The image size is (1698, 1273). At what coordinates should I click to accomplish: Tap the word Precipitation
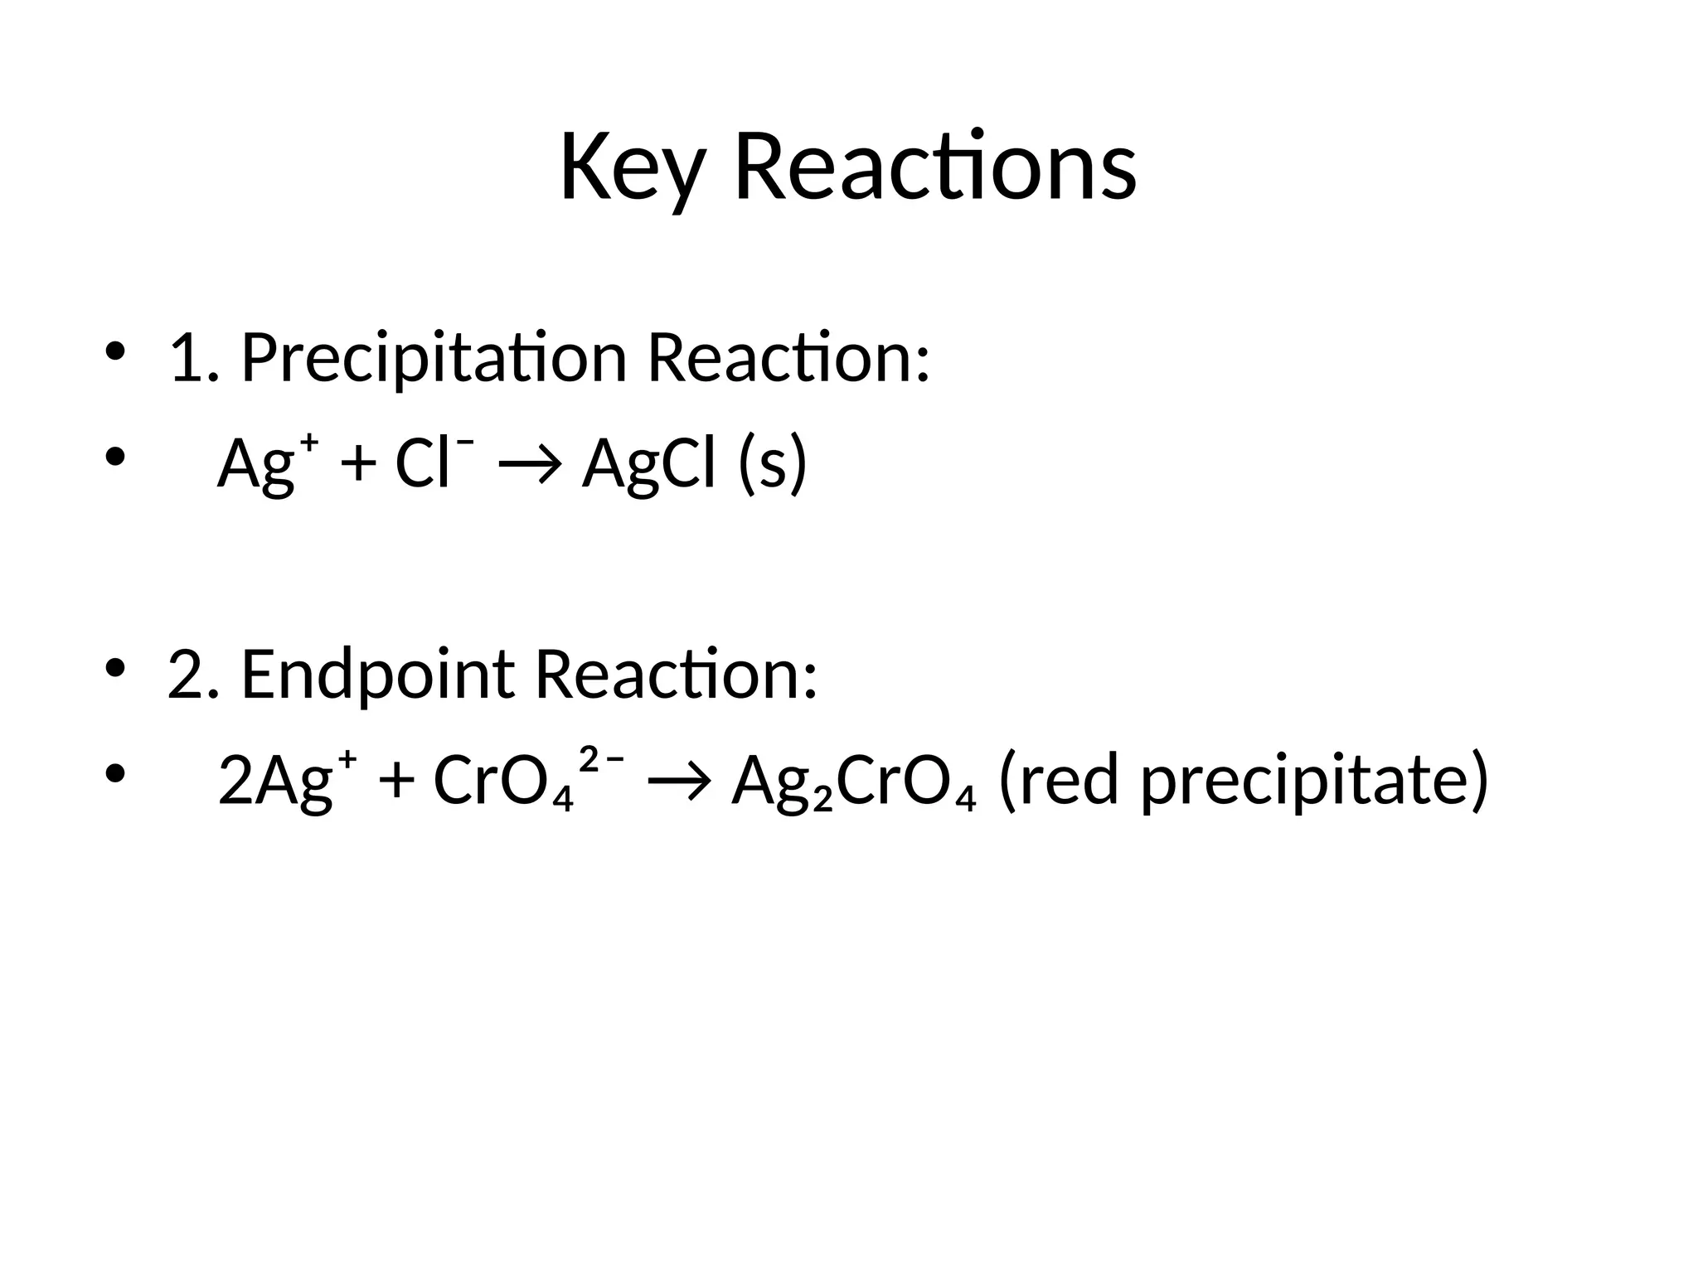click(433, 358)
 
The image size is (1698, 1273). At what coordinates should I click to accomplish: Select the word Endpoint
click(377, 675)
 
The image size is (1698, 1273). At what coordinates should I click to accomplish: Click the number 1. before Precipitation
click(193, 358)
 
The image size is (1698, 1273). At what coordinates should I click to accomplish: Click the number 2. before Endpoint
click(193, 675)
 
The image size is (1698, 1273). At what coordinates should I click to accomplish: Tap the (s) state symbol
click(773, 464)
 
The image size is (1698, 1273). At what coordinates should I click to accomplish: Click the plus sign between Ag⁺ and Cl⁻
click(357, 464)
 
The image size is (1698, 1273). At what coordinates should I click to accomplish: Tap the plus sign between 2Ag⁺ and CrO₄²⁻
click(395, 782)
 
